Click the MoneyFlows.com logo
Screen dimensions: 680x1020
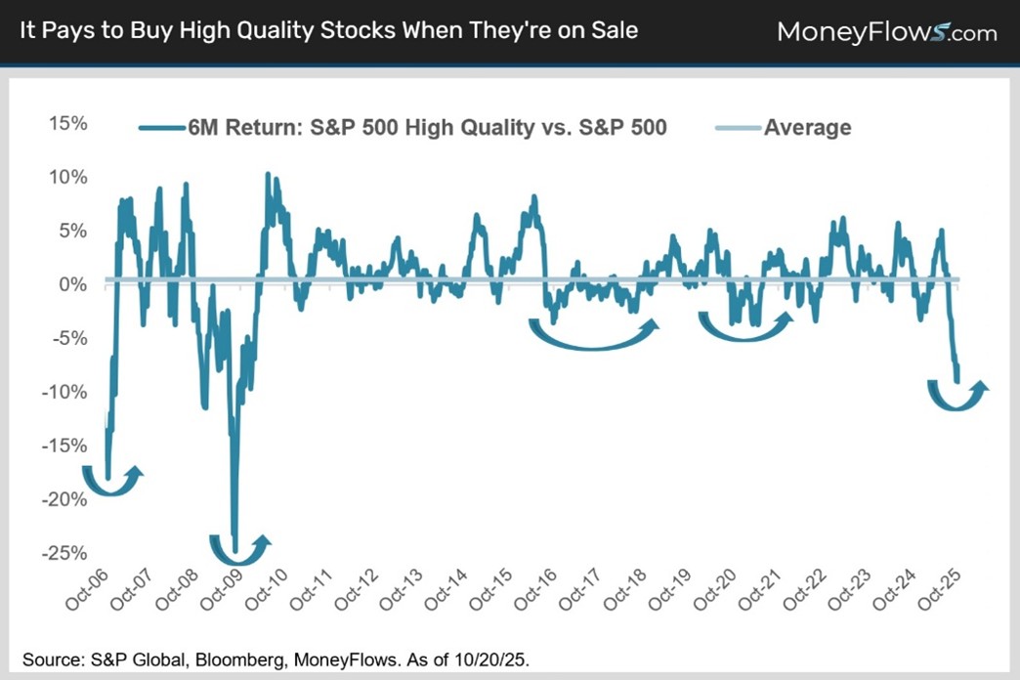[886, 32]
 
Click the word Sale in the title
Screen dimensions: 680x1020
[612, 30]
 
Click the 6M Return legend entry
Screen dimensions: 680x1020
[427, 127]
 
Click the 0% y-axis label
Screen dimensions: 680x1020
[74, 285]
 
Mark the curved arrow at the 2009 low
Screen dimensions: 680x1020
[239, 549]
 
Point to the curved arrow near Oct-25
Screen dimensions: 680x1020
[956, 397]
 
